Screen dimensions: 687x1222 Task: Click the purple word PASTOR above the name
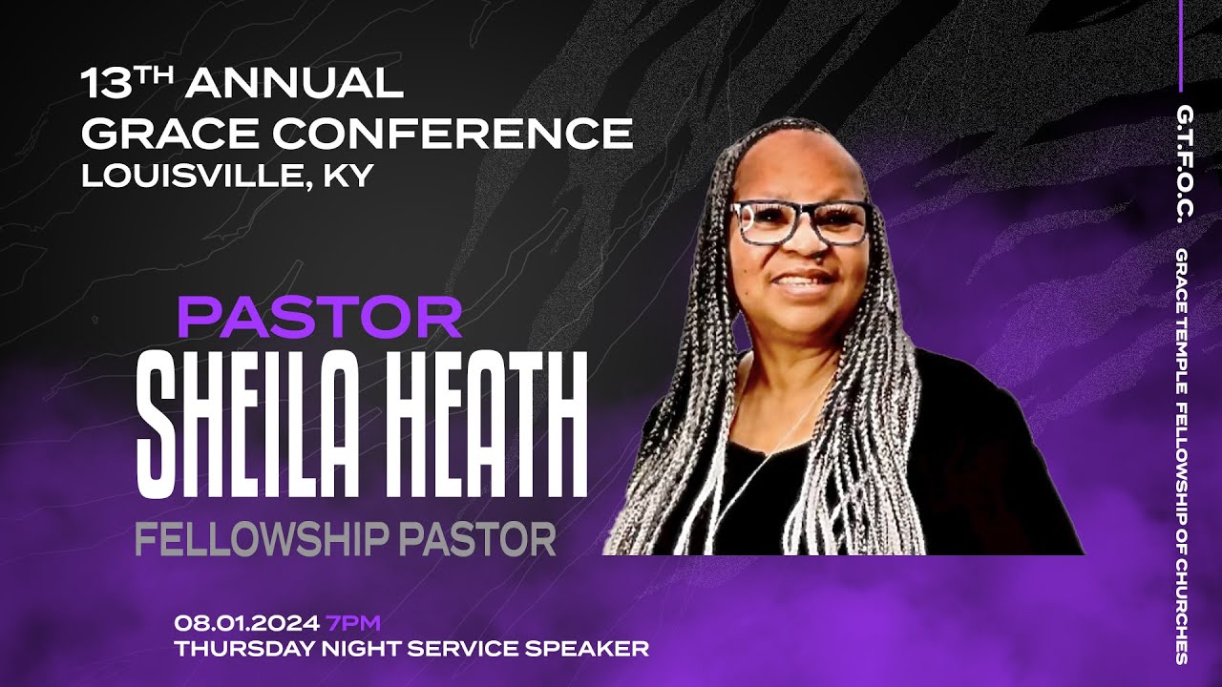tap(320, 319)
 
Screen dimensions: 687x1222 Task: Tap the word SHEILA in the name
tap(258, 426)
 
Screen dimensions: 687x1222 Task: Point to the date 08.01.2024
tap(246, 624)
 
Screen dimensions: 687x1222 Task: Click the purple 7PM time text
tap(353, 624)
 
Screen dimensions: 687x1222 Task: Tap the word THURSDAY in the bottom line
tap(234, 650)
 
